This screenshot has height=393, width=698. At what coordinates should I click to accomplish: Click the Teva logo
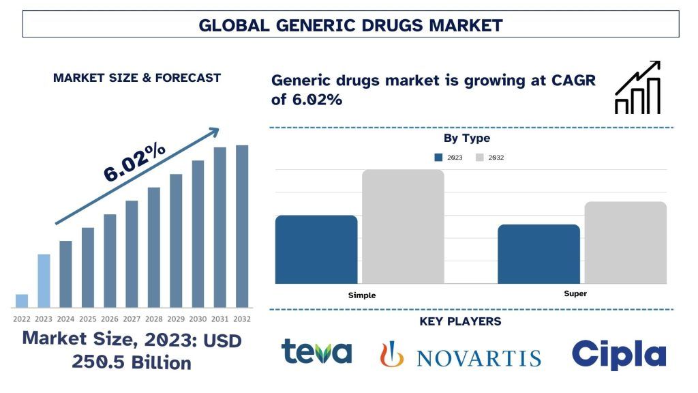pos(316,352)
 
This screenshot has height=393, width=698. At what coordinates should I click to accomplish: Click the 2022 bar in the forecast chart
pos(22,301)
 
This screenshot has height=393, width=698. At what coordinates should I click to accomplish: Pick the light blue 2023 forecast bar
pos(44,280)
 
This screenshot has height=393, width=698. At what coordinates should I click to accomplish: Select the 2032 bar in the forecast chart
pos(242,226)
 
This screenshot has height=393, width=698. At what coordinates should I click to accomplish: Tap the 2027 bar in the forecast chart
pos(132,254)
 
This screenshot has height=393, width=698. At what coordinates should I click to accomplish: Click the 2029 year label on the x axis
pos(176,319)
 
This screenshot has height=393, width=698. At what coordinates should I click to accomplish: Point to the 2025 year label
pos(88,319)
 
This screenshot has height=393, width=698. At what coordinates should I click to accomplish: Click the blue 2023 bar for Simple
pos(316,249)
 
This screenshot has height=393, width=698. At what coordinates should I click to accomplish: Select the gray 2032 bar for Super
pos(625,242)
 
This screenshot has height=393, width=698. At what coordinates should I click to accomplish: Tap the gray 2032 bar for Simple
pos(403,226)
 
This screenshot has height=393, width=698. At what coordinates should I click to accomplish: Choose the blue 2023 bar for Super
pos(538,254)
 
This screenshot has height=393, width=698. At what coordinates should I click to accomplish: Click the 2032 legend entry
pos(490,158)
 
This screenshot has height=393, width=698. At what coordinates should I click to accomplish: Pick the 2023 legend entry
pos(449,158)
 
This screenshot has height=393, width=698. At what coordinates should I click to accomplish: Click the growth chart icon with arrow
pos(637,87)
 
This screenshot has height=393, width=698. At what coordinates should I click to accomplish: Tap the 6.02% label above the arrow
pos(135,162)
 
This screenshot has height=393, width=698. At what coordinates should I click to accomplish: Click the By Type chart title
pos(467,139)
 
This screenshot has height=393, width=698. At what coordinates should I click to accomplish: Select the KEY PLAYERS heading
pos(460,321)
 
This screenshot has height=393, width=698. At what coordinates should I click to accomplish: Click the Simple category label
pos(361,295)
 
